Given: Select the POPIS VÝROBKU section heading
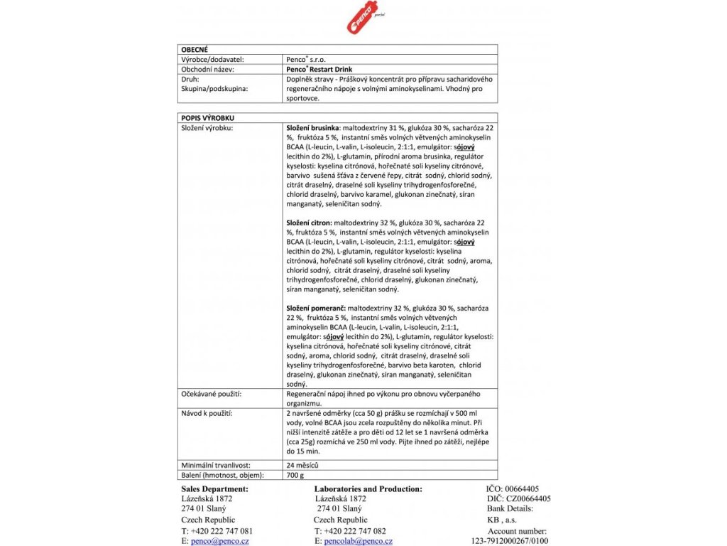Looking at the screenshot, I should click(209, 117).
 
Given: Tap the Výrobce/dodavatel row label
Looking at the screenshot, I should click(213, 60).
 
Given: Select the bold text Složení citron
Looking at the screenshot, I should click(310, 223).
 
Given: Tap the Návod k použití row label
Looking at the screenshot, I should click(207, 412).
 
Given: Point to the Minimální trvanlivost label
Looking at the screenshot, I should click(216, 465).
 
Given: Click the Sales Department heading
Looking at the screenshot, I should click(215, 489).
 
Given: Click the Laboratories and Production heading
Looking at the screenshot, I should click(368, 489).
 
